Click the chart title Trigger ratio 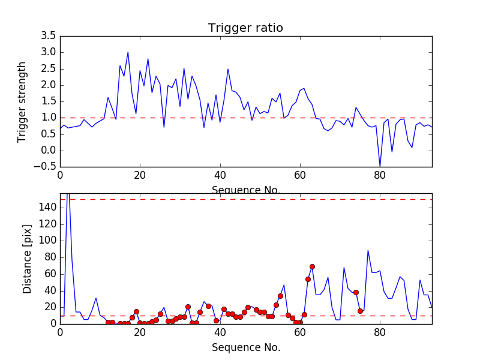click(x=245, y=28)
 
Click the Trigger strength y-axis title click(x=22, y=101)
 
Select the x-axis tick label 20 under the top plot click(x=140, y=175)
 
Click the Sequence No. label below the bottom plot click(x=246, y=347)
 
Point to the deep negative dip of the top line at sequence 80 click(x=380, y=166)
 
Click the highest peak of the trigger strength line click(x=128, y=52)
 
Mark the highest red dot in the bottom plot click(x=312, y=266)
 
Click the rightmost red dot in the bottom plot click(x=360, y=311)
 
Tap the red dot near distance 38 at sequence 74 click(x=356, y=292)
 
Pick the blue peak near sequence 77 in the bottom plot click(x=368, y=251)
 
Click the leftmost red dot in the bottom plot click(x=108, y=322)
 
